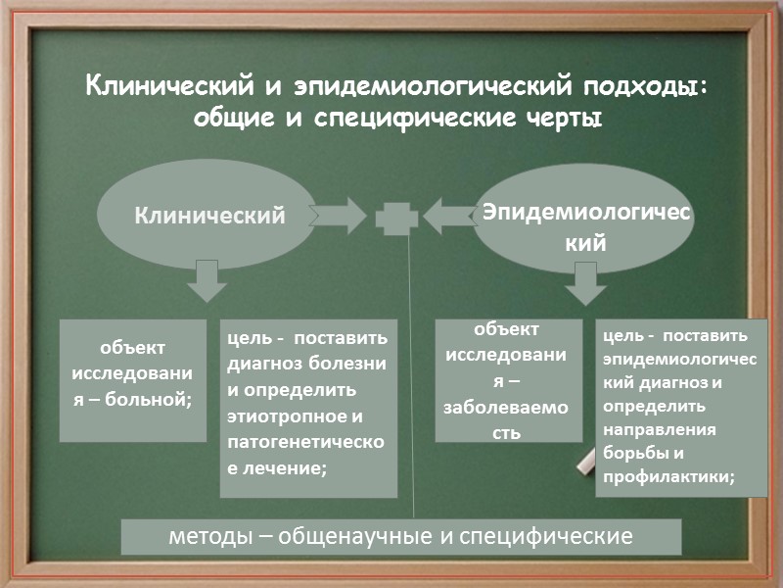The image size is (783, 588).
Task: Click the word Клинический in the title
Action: click(171, 87)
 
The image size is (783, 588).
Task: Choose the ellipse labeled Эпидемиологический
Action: click(583, 217)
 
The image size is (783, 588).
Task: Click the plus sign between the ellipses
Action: click(395, 217)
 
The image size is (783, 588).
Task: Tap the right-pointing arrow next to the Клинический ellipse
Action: click(341, 215)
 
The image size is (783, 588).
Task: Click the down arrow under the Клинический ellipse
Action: click(206, 280)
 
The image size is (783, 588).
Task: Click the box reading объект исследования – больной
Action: click(133, 379)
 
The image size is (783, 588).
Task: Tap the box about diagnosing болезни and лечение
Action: click(307, 407)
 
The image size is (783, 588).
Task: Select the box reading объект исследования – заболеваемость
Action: click(509, 380)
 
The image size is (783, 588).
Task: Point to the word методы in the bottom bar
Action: click(210, 536)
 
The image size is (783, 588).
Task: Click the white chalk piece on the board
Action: click(587, 459)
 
